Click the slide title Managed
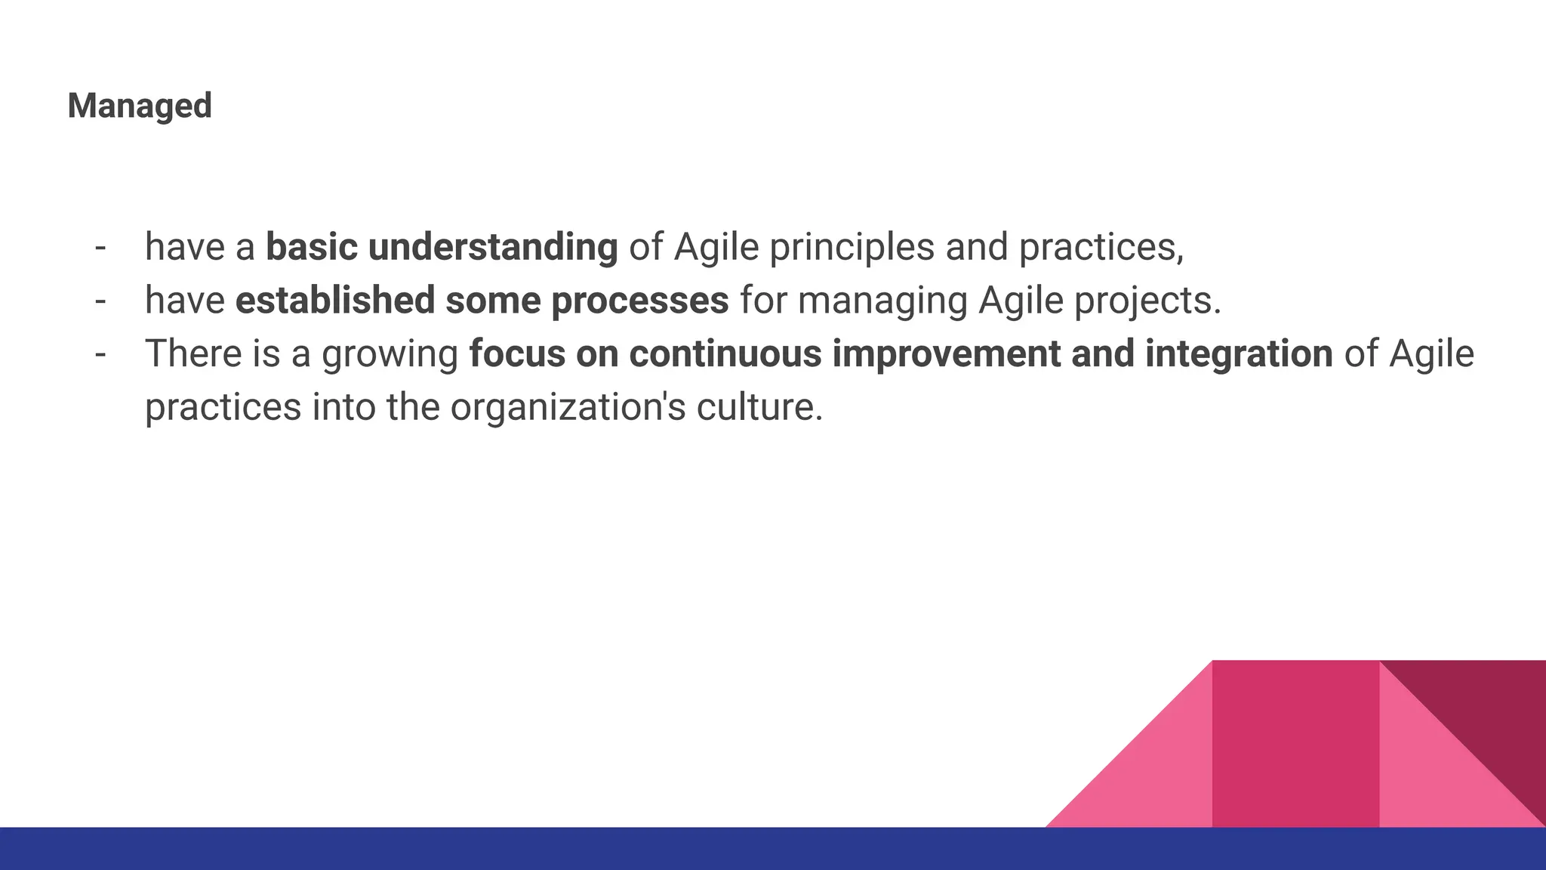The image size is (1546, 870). pyautogui.click(x=140, y=106)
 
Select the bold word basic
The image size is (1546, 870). pyautogui.click(x=311, y=247)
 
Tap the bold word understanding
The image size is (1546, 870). pyautogui.click(x=493, y=247)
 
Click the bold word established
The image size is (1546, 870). pyautogui.click(x=335, y=300)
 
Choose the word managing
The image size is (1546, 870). pyautogui.click(x=882, y=300)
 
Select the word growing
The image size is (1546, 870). pyautogui.click(x=390, y=353)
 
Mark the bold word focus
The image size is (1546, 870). pyautogui.click(x=516, y=353)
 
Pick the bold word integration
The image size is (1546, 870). pyautogui.click(x=1239, y=353)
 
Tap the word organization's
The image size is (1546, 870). pyautogui.click(x=568, y=407)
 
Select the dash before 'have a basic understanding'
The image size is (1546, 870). pyautogui.click(x=100, y=247)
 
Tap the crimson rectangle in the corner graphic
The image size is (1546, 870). pyautogui.click(x=1295, y=744)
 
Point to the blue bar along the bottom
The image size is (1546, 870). pyautogui.click(x=773, y=849)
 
